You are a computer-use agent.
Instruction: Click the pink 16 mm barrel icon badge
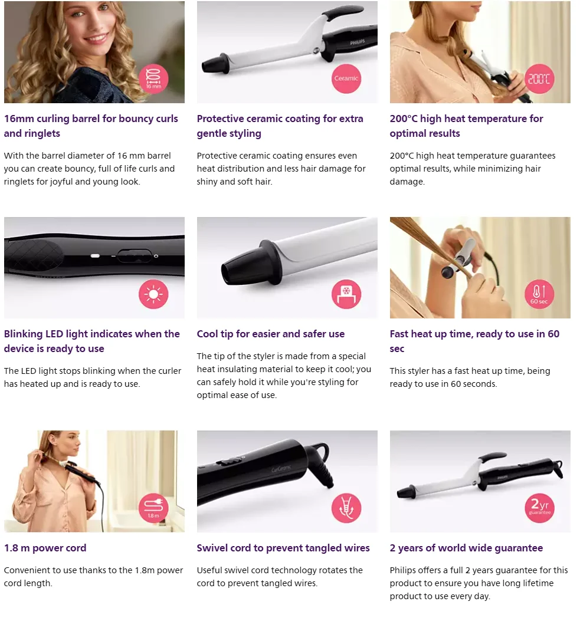tap(153, 79)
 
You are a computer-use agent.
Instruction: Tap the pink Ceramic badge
tap(346, 79)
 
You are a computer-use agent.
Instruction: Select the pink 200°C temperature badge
tap(539, 79)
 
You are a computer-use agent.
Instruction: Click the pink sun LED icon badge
tap(153, 294)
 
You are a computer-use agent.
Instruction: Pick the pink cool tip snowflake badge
tap(346, 294)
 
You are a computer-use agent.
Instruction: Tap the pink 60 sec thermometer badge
tap(539, 294)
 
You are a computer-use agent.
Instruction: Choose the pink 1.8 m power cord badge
tap(153, 508)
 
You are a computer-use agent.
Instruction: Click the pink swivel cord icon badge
tap(346, 508)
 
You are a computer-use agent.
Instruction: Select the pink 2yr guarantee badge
tap(539, 508)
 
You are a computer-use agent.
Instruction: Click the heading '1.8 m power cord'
tap(45, 548)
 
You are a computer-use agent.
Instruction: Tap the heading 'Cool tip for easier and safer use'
tap(270, 334)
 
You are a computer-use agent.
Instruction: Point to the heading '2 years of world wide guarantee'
tap(466, 548)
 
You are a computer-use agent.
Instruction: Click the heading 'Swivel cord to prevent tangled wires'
tap(283, 548)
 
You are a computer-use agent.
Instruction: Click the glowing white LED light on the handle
tap(96, 255)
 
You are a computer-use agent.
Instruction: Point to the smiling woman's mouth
tap(97, 39)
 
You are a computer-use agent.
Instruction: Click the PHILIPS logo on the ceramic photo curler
tap(358, 42)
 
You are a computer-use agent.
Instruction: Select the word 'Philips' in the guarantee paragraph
tap(404, 570)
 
